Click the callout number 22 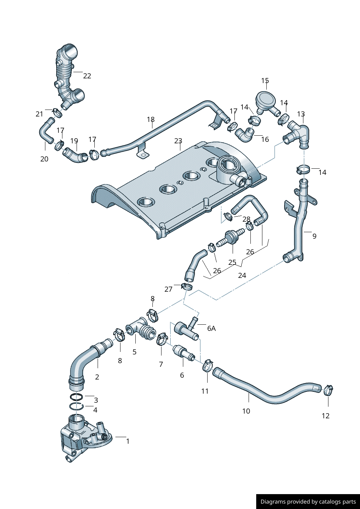click(87, 76)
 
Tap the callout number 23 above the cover click(178, 141)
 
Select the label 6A click(211, 328)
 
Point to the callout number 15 click(265, 81)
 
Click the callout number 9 click(314, 236)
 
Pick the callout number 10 click(246, 411)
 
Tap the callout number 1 click(128, 441)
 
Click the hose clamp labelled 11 click(208, 365)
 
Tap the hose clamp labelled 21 click(57, 112)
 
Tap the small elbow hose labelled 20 click(46, 132)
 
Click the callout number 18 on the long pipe click(151, 119)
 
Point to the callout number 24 click(242, 275)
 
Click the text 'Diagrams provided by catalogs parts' click(308, 502)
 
